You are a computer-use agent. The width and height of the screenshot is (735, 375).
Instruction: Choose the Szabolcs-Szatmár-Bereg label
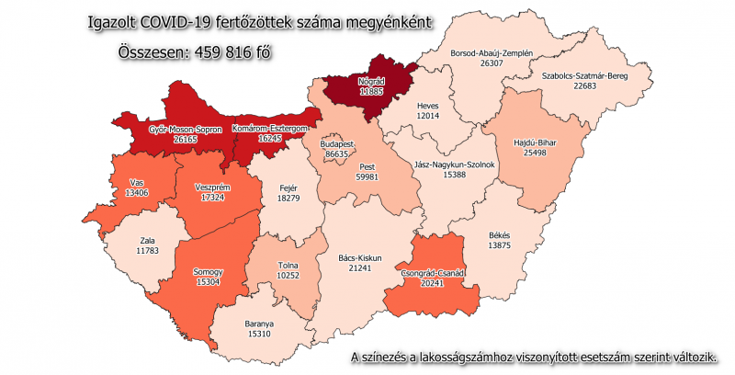tap(584, 75)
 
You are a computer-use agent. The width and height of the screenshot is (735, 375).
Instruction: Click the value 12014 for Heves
tap(429, 118)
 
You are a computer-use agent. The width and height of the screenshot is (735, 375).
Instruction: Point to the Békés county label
tap(500, 235)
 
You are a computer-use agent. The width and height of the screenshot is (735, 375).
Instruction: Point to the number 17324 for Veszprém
tap(213, 198)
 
